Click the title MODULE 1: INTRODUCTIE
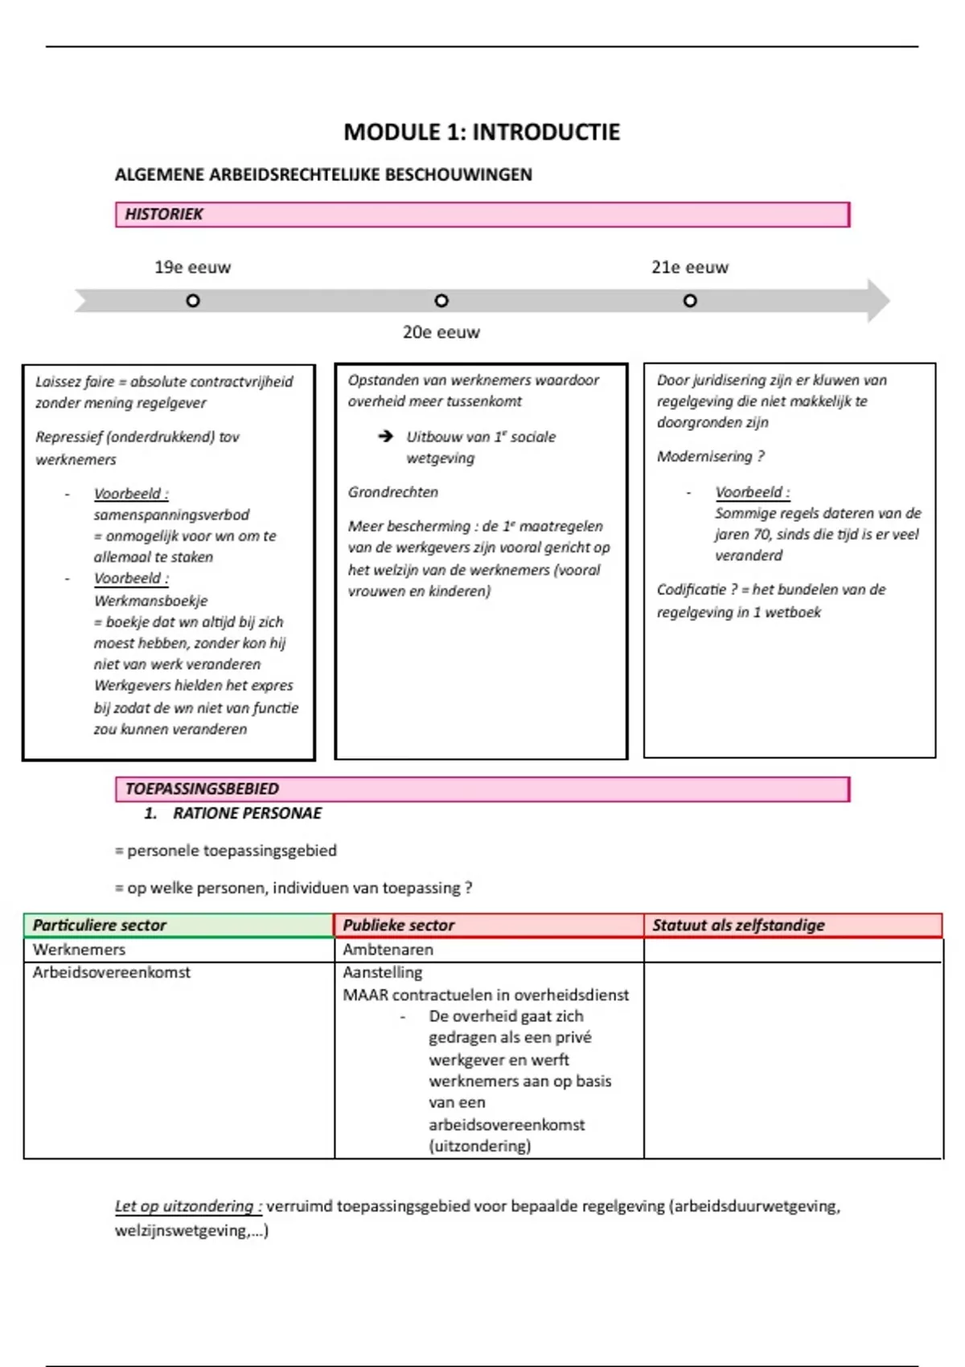click(482, 132)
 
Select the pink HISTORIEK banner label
click(164, 214)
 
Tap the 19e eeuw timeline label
click(192, 268)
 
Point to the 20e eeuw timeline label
click(441, 332)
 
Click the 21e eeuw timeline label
click(689, 268)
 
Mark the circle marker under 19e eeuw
click(193, 301)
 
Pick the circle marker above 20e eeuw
click(441, 301)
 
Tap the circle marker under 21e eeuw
click(690, 301)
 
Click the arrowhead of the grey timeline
click(878, 301)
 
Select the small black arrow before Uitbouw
click(386, 436)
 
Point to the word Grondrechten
click(393, 492)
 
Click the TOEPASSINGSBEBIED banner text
click(202, 789)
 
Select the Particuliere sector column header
click(99, 926)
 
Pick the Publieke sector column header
click(399, 926)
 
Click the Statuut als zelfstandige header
click(738, 926)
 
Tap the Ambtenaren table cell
click(388, 950)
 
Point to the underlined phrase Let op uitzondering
click(187, 1206)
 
